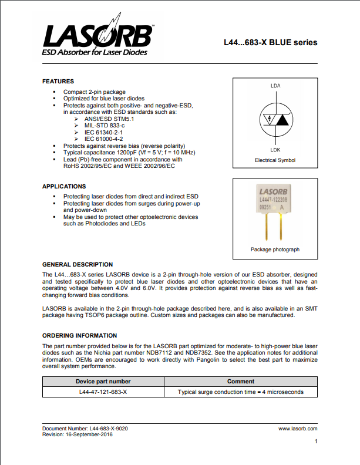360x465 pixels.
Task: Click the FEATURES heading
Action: click(x=58, y=81)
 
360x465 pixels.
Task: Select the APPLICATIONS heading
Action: click(x=64, y=186)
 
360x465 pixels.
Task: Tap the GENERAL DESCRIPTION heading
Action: click(x=78, y=265)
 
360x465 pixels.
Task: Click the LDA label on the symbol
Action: click(x=275, y=86)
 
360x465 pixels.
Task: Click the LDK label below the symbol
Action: click(x=275, y=150)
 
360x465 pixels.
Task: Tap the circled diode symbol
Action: click(x=275, y=118)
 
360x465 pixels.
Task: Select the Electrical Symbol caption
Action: click(x=275, y=160)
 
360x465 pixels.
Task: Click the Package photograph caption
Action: click(x=275, y=250)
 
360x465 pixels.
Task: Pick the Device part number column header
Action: click(x=103, y=381)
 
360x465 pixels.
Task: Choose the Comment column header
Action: click(x=240, y=381)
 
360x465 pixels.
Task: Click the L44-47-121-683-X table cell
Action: click(x=103, y=392)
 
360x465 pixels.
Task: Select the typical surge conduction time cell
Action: click(x=240, y=392)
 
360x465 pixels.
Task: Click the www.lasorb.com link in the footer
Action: click(x=298, y=429)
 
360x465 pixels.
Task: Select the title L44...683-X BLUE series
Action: click(x=270, y=42)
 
